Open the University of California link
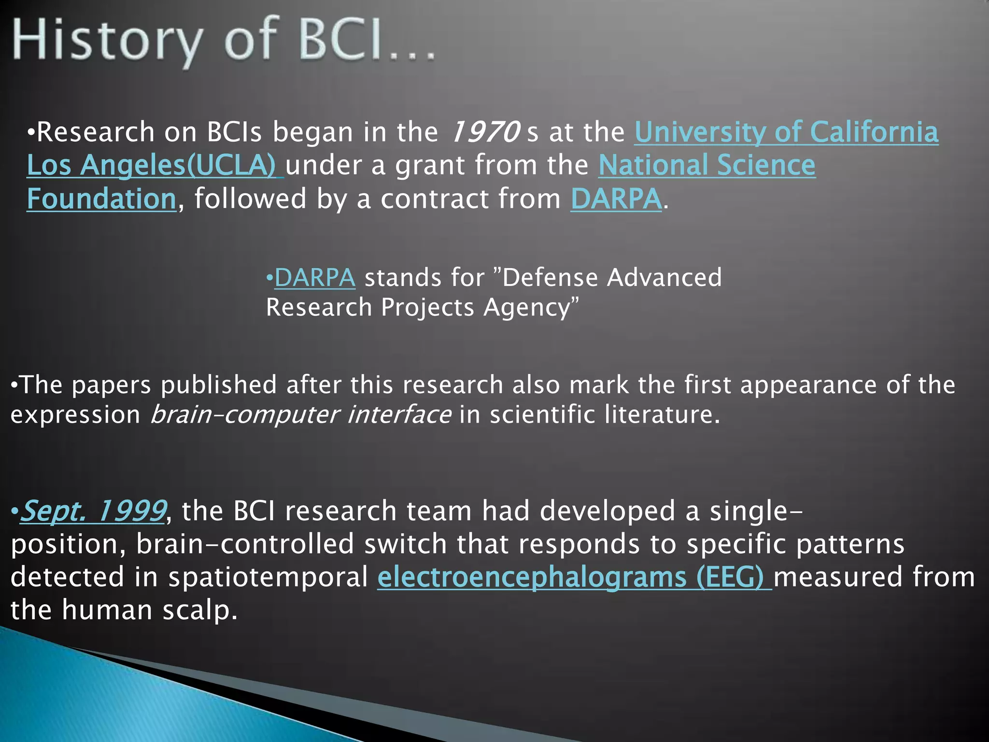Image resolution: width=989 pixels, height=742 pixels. coord(786,132)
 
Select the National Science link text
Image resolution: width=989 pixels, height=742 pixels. coord(706,165)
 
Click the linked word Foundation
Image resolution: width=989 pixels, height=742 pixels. coord(101,199)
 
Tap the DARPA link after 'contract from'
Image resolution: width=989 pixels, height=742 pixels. coord(616,199)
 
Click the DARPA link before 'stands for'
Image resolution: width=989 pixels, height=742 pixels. coord(315,278)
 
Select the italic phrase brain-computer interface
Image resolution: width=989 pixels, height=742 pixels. coord(301,414)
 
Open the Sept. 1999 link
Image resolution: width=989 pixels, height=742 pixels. coord(93,511)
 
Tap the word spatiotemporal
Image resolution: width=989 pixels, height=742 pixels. coord(268,577)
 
